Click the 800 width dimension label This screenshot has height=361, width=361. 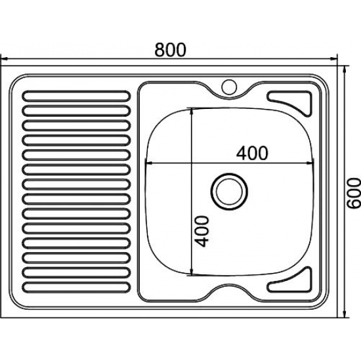(170, 50)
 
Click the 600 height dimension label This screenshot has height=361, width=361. (354, 193)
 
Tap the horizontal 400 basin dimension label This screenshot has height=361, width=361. (252, 153)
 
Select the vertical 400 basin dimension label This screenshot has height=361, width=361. (202, 231)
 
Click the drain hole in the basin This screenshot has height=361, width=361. (229, 191)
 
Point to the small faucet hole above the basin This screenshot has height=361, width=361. (229, 87)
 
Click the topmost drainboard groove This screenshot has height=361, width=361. (76, 96)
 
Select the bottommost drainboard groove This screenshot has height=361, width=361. (75, 287)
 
